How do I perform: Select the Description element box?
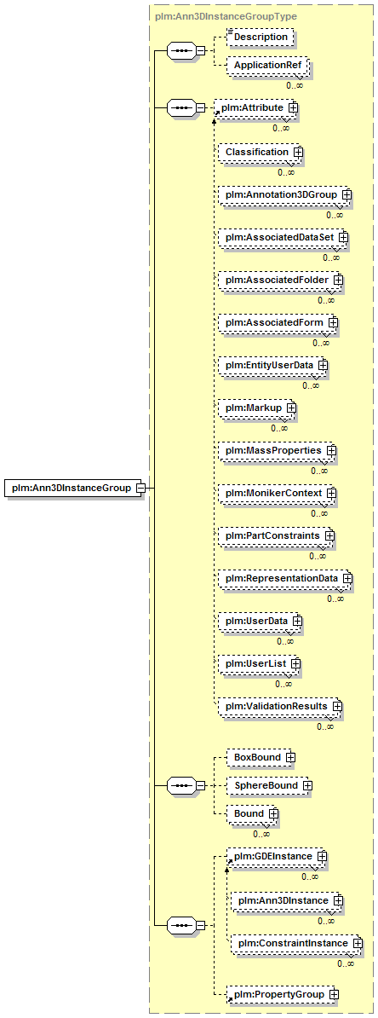coord(261,37)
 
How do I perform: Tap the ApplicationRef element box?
coord(267,66)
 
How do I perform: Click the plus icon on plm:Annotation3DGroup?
coord(346,194)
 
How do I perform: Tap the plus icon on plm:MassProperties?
coord(331,450)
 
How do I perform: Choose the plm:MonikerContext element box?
coord(278,494)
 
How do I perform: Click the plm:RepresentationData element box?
coord(285,578)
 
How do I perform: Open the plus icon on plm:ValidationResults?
coord(337,705)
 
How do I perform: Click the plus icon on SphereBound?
coord(307,785)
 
